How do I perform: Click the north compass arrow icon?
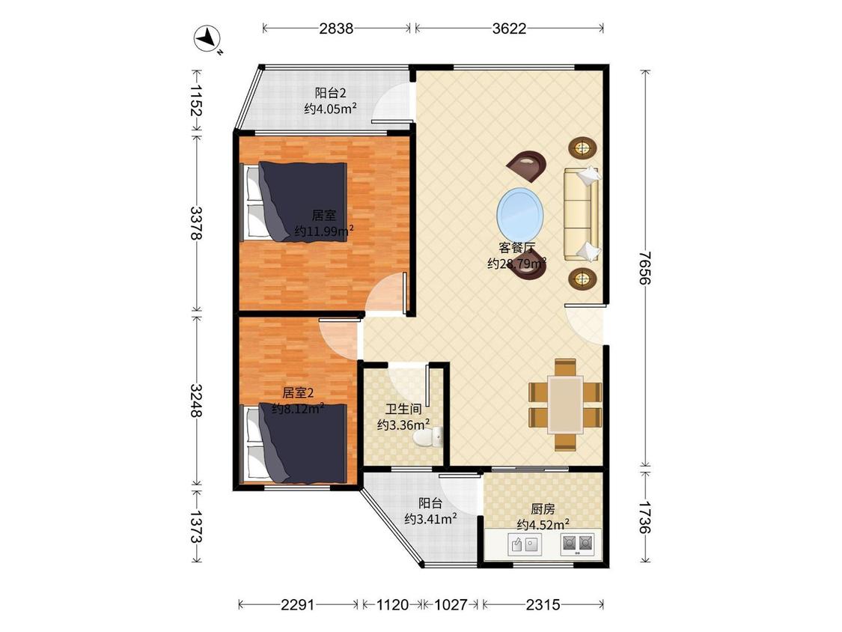208,39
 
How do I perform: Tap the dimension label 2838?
336,28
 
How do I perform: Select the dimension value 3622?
509,28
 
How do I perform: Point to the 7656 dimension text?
645,268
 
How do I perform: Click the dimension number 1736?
645,517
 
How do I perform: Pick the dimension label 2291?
298,605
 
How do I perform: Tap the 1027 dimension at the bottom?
451,605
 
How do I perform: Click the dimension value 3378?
196,223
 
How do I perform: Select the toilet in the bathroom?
429,437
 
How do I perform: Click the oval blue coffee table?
520,210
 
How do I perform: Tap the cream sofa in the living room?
581,214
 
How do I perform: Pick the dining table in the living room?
565,404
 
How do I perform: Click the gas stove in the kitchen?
577,544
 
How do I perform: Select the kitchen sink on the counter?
525,545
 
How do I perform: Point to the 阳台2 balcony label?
330,92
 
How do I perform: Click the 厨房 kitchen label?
543,508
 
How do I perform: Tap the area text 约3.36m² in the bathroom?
403,425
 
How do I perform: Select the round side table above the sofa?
582,147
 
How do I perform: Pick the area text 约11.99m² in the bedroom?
324,231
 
